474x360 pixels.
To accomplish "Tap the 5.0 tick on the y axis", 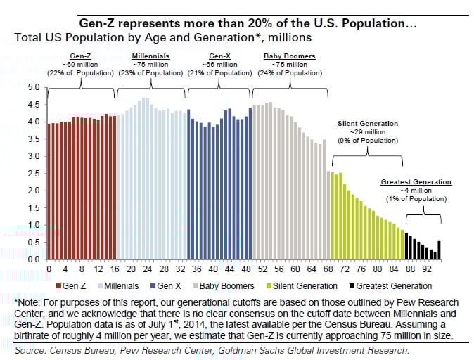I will tap(33, 88).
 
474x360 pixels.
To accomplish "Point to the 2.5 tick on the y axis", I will tap(33, 174).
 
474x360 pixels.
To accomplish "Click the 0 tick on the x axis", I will tap(48, 269).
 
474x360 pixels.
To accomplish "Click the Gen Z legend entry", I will tap(75, 285).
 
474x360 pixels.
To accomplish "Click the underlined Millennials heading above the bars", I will tap(150, 55).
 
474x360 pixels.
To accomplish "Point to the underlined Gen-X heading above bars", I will tap(222, 55).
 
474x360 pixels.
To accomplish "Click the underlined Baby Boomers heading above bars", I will tap(290, 55).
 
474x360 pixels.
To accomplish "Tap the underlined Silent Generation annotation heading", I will tap(368, 124).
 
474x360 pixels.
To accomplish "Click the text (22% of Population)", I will tap(80, 72).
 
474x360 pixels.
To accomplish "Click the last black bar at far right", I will tap(440, 250).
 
